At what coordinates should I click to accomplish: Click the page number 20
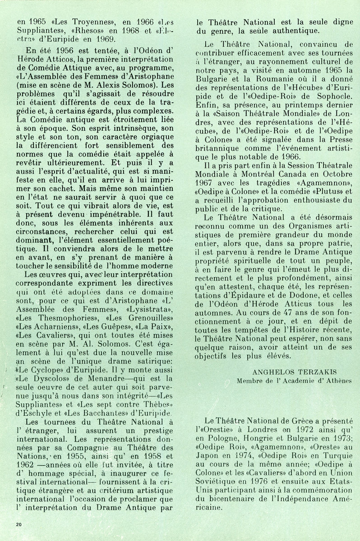coord(18,523)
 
